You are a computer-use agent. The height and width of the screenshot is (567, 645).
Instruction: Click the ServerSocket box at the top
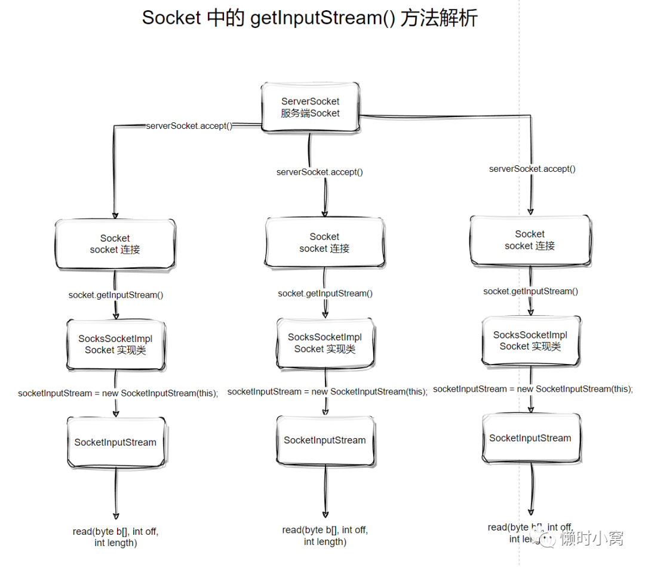point(310,107)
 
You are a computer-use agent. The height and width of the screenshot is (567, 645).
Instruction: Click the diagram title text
point(309,18)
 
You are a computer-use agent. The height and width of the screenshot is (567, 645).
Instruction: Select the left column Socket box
point(115,244)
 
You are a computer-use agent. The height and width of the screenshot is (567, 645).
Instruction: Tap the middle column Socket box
point(324,242)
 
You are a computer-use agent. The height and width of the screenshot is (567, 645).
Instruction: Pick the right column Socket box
point(530,240)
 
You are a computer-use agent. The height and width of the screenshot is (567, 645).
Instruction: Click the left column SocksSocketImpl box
point(115,344)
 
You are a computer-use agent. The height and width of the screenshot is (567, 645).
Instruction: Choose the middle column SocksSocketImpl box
point(325,343)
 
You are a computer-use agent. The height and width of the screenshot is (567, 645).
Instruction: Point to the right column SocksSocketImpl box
point(530,340)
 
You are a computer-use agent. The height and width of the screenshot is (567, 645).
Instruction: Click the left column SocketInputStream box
point(115,442)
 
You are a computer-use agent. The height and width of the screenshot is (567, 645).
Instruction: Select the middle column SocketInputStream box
point(325,440)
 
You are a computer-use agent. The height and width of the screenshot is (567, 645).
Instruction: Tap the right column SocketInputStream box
point(530,438)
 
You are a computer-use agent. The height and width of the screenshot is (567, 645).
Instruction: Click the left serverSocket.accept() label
point(189,126)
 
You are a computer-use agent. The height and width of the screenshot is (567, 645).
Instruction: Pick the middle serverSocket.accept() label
point(320,172)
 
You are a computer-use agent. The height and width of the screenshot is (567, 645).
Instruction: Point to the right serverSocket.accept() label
point(532,169)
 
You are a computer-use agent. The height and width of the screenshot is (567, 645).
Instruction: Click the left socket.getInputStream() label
point(116,295)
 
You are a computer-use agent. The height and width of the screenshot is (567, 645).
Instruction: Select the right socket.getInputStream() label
point(530,291)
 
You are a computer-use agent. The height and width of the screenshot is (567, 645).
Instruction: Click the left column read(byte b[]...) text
point(116,537)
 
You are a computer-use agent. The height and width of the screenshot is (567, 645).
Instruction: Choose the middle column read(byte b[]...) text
point(325,536)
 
